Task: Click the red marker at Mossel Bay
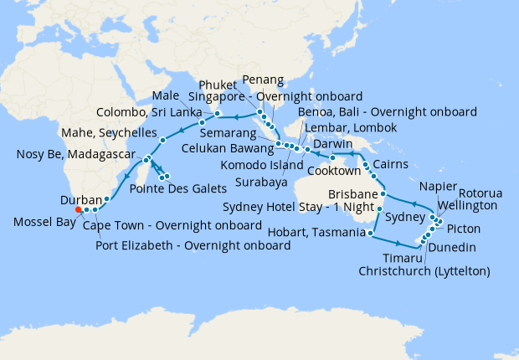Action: point(78,210)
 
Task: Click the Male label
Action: point(168,95)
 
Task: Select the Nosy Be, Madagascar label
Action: point(75,155)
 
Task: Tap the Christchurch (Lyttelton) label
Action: point(424,271)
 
